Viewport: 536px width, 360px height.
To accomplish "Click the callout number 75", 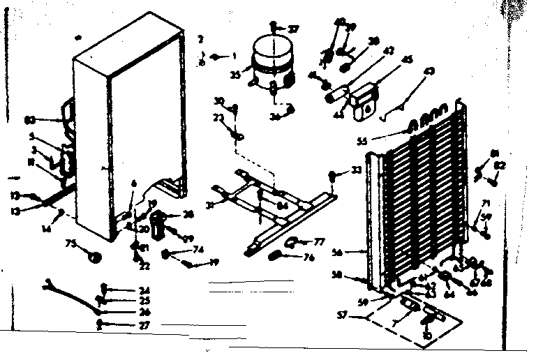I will click(x=70, y=244).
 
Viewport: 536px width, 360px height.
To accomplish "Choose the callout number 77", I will click(x=320, y=242).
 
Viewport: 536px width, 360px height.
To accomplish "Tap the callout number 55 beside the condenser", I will click(x=382, y=141).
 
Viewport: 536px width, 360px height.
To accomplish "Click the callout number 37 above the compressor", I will click(x=294, y=30).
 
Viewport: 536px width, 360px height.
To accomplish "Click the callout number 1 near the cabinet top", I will click(x=235, y=55).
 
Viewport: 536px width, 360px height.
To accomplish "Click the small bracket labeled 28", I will click(x=157, y=223).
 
